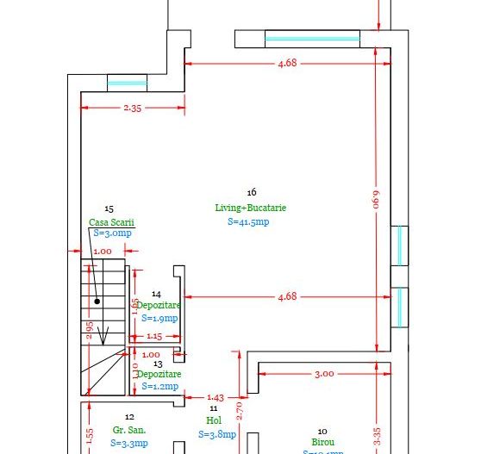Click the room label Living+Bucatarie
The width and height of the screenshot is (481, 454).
251,208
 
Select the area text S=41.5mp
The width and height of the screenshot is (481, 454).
249,221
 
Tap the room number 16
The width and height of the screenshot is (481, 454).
251,192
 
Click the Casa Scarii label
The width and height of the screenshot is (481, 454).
111,221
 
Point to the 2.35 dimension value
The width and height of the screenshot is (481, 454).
133,108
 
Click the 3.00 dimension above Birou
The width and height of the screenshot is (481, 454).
323,374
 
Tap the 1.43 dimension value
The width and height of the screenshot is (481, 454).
216,397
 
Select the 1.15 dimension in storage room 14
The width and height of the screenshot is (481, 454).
153,336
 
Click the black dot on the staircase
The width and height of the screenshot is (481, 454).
97,302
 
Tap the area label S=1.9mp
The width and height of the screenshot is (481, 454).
159,318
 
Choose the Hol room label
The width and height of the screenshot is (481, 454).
214,420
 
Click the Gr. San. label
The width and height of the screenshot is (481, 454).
129,429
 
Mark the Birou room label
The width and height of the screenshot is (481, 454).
322,442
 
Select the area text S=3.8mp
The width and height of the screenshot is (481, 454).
216,435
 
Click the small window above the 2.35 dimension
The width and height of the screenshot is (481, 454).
128,83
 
